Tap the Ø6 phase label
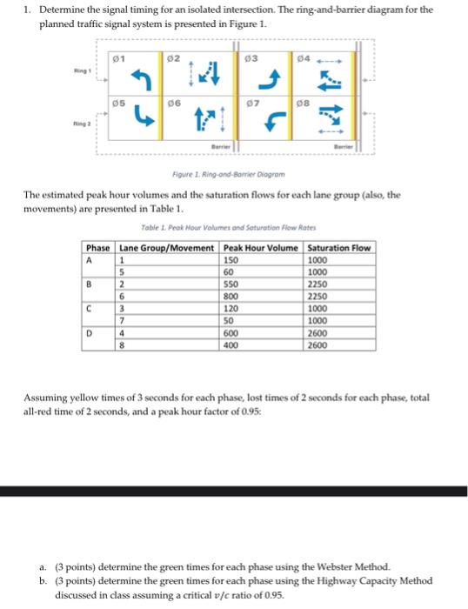pyautogui.click(x=174, y=103)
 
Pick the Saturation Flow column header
pyautogui.click(x=339, y=249)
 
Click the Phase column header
pyautogui.click(x=97, y=249)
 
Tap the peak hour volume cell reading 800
pyautogui.click(x=231, y=297)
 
